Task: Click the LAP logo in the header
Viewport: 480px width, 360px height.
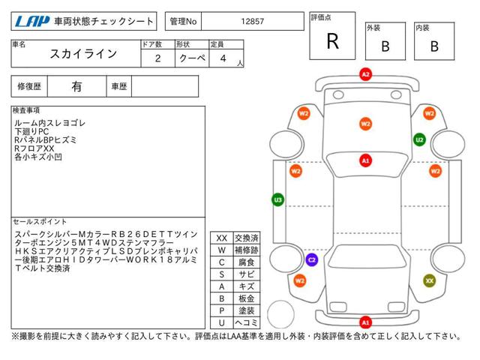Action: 32,21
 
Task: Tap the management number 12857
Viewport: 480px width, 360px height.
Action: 252,22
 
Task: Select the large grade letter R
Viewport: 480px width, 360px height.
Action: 332,41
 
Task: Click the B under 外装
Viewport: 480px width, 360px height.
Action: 385,46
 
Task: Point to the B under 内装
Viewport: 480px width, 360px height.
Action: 433,46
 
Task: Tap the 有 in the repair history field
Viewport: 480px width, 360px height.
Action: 77,86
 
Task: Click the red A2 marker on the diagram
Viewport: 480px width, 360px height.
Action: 365,75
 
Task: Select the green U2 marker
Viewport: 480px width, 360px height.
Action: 420,139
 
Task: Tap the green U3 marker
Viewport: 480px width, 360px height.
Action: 277,200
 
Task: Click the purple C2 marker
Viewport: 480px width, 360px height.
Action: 312,259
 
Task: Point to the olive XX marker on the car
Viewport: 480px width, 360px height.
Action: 430,280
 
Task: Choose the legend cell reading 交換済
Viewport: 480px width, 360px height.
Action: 245,237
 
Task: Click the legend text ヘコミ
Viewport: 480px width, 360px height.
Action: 245,322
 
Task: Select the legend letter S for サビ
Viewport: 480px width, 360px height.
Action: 222,274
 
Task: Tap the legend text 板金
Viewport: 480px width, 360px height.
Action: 245,298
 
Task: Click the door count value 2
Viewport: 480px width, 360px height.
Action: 156,57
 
